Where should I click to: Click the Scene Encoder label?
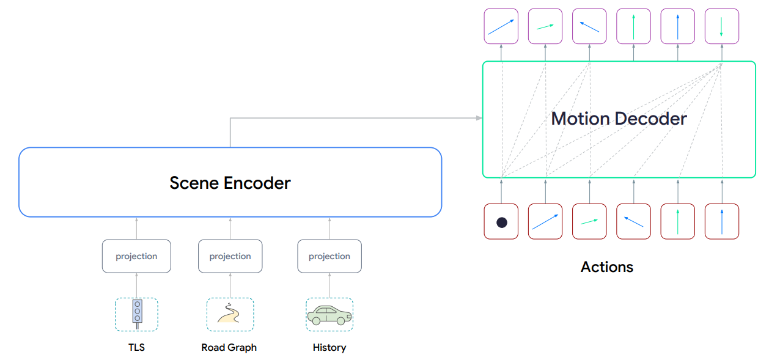[x=230, y=182]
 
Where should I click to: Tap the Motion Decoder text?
[x=619, y=119]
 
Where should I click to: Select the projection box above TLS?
[x=136, y=256]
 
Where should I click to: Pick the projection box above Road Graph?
[x=230, y=256]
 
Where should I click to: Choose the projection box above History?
[x=329, y=256]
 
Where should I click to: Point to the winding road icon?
[x=230, y=314]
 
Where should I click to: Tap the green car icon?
[x=329, y=314]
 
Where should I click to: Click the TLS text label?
[x=136, y=347]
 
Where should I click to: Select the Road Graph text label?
[x=229, y=347]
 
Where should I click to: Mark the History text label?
[x=329, y=347]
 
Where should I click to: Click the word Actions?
[x=607, y=267]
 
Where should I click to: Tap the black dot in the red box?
[x=501, y=222]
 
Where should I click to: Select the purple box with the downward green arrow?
[x=722, y=26]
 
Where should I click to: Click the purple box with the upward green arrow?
[x=633, y=26]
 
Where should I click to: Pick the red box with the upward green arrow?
[x=678, y=221]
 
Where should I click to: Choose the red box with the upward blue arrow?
[x=722, y=221]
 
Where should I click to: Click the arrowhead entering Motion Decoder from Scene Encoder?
[x=479, y=118]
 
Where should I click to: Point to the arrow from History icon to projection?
[x=329, y=285]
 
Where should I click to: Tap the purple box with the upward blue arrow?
[x=678, y=26]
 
